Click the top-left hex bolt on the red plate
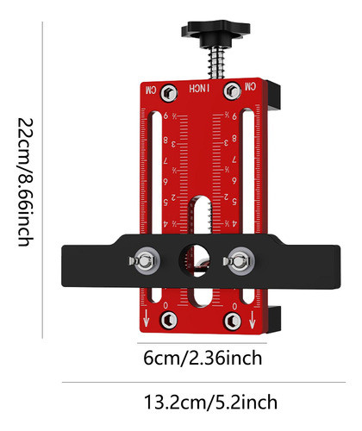(170, 91)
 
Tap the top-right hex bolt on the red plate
(232, 91)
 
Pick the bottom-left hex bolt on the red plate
(170, 320)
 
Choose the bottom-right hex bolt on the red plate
(232, 320)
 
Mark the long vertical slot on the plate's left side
(153, 172)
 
